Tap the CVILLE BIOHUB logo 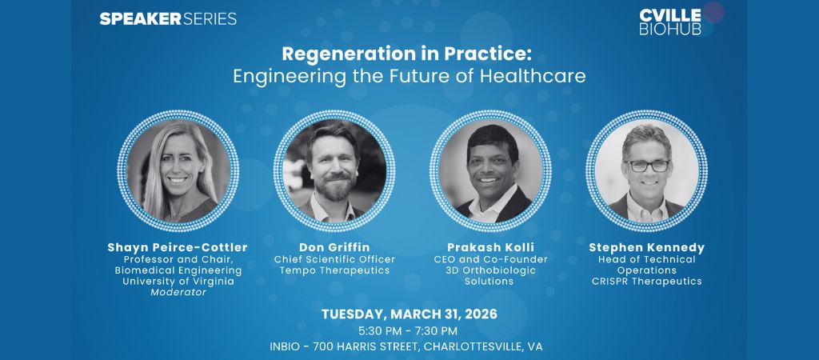pos(670,22)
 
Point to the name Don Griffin pos(330,247)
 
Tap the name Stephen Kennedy pos(645,247)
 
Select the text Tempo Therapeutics pos(330,270)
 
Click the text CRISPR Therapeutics pos(645,281)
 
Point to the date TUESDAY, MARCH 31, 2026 pos(409,314)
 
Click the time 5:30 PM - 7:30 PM pos(409,330)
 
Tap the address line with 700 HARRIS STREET pos(409,346)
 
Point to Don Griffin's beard pos(331,188)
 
